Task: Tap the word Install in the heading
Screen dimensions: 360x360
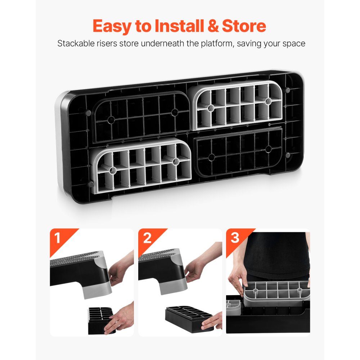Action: tap(179, 26)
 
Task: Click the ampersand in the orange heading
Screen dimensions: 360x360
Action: tap(213, 26)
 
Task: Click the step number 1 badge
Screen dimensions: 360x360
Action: tap(57, 238)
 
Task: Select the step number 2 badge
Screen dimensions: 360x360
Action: tap(147, 238)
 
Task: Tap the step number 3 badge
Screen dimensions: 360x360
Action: tap(235, 238)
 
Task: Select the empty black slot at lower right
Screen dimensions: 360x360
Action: tap(239, 152)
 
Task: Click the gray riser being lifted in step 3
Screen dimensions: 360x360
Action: tap(276, 294)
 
